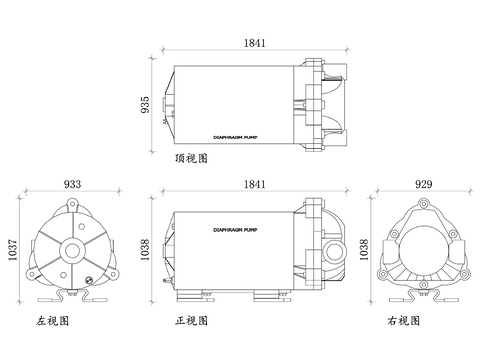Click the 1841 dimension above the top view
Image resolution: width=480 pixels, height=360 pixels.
coord(255,43)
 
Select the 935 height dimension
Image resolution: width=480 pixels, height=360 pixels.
coord(145,105)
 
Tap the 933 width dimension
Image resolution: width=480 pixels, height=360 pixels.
coord(72,184)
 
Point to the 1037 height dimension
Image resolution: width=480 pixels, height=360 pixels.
coord(12,250)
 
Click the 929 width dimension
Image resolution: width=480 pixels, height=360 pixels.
coord(424,184)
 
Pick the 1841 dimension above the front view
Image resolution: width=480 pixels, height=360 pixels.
coord(255,184)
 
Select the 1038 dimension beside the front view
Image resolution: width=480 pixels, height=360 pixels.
coord(145,250)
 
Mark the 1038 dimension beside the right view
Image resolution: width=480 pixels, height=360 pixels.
coord(364,250)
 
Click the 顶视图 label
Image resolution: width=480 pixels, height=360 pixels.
coord(191,158)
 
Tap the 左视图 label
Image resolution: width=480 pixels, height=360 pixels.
coord(53,321)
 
